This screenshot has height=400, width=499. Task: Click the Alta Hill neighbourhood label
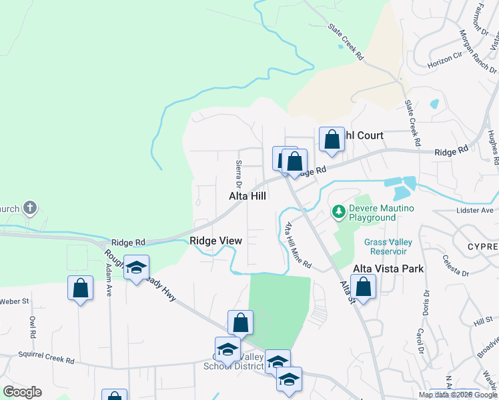tap(247, 196)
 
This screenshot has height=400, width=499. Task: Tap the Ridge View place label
tap(215, 241)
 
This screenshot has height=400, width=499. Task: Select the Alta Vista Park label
tap(378, 269)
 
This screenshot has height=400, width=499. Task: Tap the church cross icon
tap(29, 208)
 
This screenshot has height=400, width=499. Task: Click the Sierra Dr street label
tap(238, 173)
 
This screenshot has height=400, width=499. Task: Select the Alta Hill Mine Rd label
tap(298, 245)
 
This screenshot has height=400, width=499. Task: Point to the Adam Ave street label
tap(108, 279)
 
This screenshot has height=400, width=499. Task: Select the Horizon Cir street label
tap(445, 59)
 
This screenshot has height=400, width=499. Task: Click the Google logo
tap(22, 392)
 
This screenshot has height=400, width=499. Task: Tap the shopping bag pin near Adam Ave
tap(80, 289)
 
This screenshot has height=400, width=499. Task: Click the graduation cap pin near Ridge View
tap(136, 268)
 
